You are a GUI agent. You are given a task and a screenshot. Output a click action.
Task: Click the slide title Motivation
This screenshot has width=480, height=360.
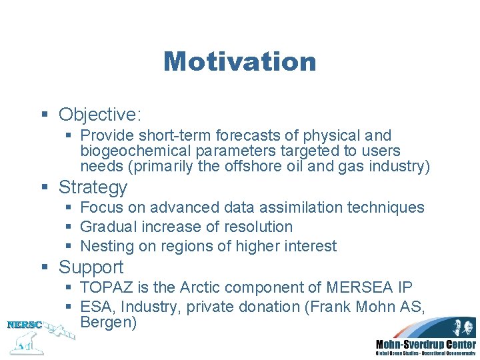pyautogui.click(x=239, y=61)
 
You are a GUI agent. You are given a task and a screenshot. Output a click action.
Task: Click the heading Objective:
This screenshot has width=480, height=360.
pyautogui.click(x=99, y=115)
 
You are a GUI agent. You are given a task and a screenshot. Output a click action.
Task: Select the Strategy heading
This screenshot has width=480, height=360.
pyautogui.click(x=93, y=187)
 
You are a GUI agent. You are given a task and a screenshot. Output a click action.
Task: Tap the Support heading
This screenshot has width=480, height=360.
pyautogui.click(x=91, y=267)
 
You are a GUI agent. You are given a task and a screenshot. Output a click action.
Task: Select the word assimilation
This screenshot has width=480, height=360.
pyautogui.click(x=298, y=207)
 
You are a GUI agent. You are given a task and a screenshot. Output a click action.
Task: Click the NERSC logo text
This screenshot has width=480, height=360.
pyautogui.click(x=24, y=325)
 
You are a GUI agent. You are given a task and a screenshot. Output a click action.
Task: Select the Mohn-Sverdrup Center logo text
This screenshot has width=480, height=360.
pyautogui.click(x=425, y=344)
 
